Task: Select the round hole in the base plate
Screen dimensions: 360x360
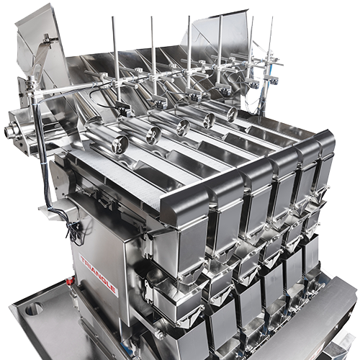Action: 34,308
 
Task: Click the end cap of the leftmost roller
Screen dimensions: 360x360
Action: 120,145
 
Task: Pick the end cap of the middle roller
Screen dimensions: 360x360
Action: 182,127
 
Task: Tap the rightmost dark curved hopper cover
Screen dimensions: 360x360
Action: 325,144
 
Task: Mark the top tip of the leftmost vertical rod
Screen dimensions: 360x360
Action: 113,17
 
